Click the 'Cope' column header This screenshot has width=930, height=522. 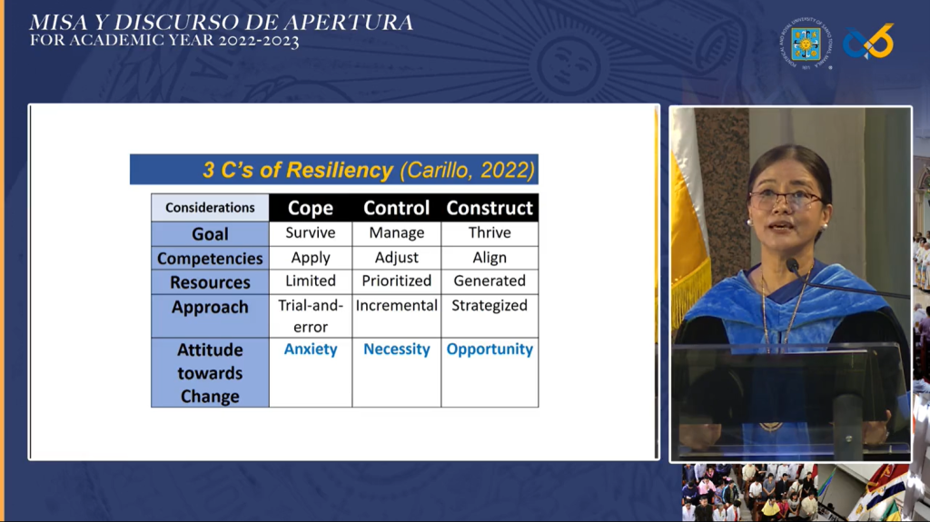(311, 208)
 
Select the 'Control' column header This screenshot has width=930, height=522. (396, 208)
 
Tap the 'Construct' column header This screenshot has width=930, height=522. (490, 208)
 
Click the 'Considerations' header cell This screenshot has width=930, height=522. (210, 208)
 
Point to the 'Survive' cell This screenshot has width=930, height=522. (311, 232)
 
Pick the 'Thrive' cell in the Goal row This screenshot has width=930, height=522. (490, 232)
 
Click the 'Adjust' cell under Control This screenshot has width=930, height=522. (396, 258)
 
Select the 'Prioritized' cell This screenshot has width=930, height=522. (396, 281)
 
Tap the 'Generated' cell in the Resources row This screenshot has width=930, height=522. (490, 281)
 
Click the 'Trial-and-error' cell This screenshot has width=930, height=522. (311, 316)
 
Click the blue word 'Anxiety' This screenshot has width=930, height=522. (311, 349)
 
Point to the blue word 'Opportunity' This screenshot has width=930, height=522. (490, 349)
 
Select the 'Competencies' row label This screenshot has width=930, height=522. (210, 259)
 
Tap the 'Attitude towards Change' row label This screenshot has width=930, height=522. (210, 372)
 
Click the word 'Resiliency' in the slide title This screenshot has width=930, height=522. (339, 171)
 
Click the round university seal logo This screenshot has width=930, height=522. (806, 44)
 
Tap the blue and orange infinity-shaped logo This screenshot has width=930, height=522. (868, 42)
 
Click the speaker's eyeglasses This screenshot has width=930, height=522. (786, 200)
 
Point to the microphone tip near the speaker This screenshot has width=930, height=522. (792, 266)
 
